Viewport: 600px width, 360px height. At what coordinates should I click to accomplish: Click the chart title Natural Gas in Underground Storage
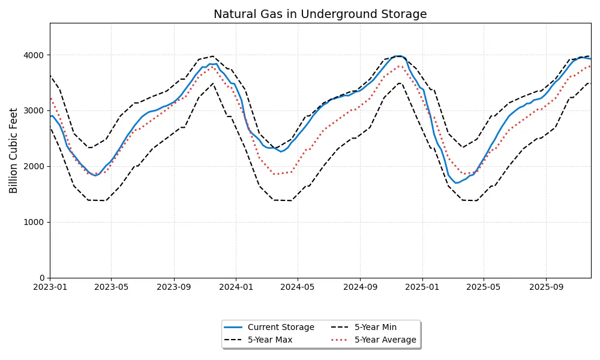tap(320, 14)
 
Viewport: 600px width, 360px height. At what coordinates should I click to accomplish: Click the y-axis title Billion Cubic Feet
tap(14, 150)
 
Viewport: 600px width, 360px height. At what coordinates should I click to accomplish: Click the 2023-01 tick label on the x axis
tap(50, 288)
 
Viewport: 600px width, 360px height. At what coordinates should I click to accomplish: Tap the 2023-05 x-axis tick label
tap(112, 288)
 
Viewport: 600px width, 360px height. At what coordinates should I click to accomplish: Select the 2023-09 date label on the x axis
tap(174, 288)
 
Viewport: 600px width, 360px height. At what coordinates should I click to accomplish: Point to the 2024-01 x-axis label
tap(236, 288)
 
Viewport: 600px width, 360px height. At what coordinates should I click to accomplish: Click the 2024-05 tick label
tap(298, 288)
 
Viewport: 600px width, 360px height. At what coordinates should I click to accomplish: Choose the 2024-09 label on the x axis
tap(360, 288)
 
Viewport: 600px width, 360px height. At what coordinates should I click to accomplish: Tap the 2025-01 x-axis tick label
tap(422, 288)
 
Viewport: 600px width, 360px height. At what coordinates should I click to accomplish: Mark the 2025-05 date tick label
tap(484, 288)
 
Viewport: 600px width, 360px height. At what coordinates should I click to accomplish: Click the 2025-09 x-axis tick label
tap(546, 288)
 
